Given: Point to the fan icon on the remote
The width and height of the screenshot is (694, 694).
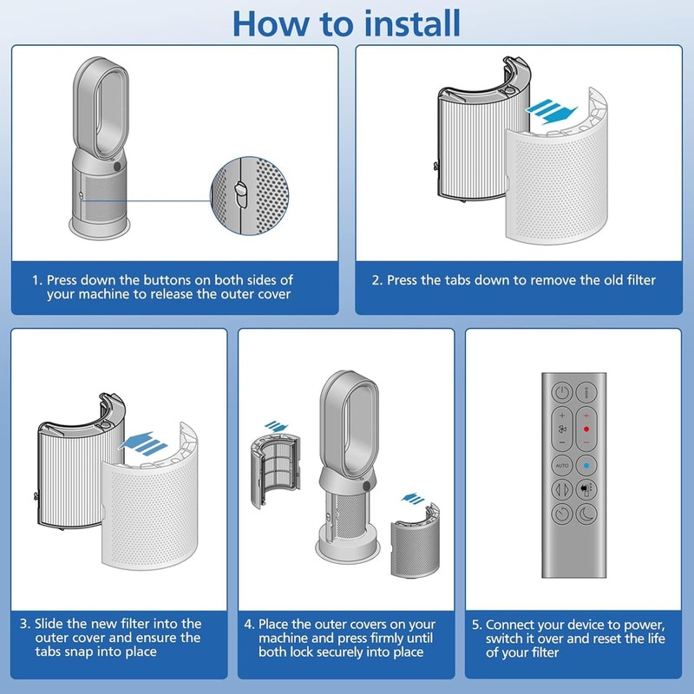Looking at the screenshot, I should click(562, 429).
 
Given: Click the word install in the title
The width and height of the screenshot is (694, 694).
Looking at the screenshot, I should click(404, 23).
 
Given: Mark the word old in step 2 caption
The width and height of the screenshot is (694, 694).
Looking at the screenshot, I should click(603, 280).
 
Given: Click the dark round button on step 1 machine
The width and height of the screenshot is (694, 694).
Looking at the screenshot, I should click(117, 164).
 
